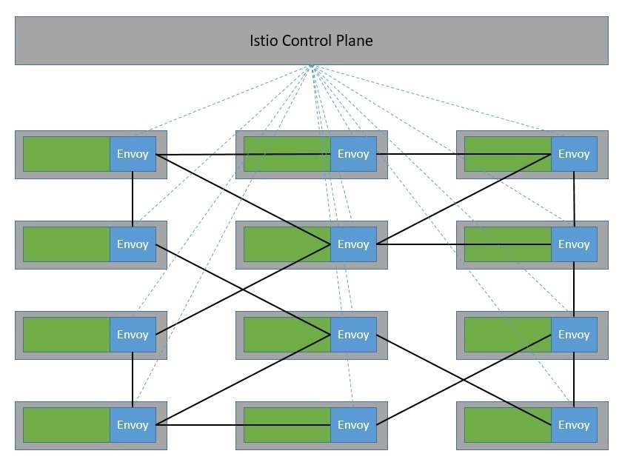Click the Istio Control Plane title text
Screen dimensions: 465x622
click(311, 41)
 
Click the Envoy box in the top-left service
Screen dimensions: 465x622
click(133, 154)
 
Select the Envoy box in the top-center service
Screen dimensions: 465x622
click(353, 154)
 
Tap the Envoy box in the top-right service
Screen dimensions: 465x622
click(574, 154)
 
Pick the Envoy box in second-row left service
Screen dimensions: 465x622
click(133, 244)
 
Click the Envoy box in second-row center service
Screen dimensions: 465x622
click(353, 244)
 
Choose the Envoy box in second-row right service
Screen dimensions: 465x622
click(574, 244)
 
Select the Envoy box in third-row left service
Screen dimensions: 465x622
click(133, 335)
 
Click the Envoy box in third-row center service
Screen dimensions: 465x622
click(353, 335)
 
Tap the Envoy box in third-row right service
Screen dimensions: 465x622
click(574, 335)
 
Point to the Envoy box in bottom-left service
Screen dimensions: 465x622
click(133, 425)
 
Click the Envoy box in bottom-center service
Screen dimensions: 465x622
click(353, 425)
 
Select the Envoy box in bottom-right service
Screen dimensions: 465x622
click(574, 425)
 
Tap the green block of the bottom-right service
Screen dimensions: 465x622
click(508, 425)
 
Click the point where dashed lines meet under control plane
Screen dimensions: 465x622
click(312, 66)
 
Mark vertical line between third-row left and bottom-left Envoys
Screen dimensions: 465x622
click(133, 380)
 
